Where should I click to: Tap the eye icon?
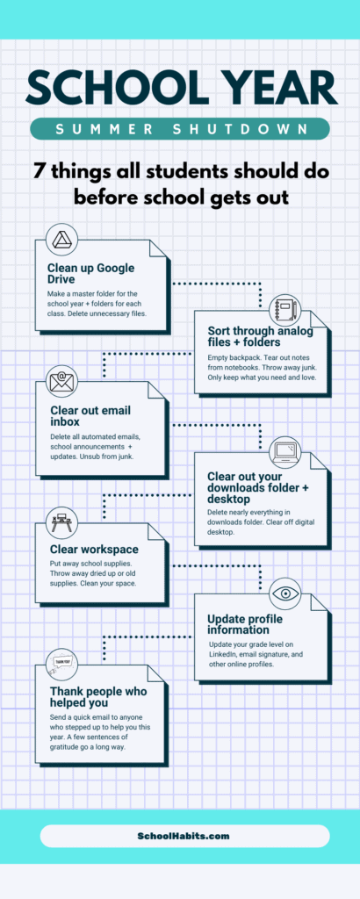(x=285, y=593)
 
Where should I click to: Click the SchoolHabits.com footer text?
(x=184, y=836)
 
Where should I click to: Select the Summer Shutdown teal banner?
(x=179, y=129)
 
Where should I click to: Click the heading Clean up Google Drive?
(x=91, y=273)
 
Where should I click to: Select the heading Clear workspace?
(x=94, y=550)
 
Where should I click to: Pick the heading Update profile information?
(x=245, y=624)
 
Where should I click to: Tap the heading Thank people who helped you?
(x=98, y=696)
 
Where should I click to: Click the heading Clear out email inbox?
(x=90, y=415)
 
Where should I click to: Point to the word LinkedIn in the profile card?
(x=222, y=654)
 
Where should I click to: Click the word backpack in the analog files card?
(x=248, y=357)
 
